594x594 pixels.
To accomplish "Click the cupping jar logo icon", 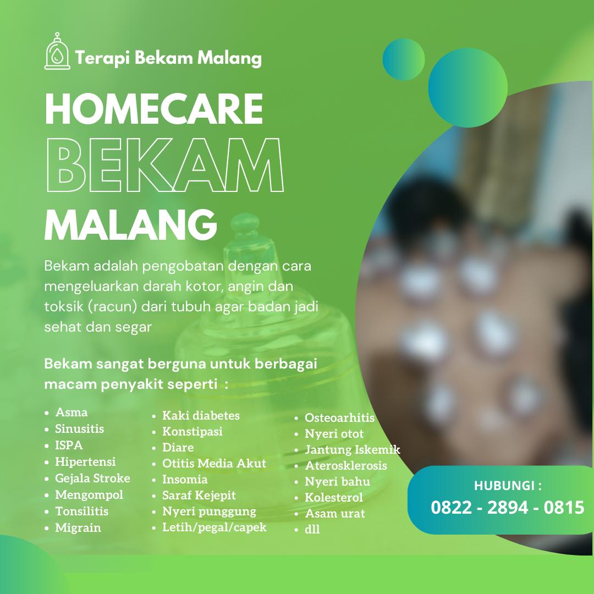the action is pyautogui.click(x=57, y=51).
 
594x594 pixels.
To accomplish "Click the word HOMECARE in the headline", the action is pyautogui.click(x=154, y=109).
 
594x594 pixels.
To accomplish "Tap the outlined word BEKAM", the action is pyautogui.click(x=165, y=165).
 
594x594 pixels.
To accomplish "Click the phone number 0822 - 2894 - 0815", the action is pyautogui.click(x=507, y=508).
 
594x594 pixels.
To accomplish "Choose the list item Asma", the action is pyautogui.click(x=71, y=412).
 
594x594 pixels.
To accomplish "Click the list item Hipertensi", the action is pyautogui.click(x=85, y=462).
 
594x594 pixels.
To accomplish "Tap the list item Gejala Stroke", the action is pyautogui.click(x=92, y=479).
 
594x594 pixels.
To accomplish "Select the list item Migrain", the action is pyautogui.click(x=78, y=527).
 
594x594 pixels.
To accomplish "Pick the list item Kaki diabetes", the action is pyautogui.click(x=201, y=416).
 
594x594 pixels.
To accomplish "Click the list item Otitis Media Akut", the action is pyautogui.click(x=214, y=463).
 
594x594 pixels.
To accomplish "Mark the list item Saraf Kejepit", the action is pyautogui.click(x=199, y=496).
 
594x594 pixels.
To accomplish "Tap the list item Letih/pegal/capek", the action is pyautogui.click(x=215, y=527).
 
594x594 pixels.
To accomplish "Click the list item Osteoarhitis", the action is pyautogui.click(x=339, y=417).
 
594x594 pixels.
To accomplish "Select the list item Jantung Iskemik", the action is pyautogui.click(x=353, y=450).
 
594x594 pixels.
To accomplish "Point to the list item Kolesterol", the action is pyautogui.click(x=334, y=497).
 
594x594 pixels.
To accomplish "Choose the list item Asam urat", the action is pyautogui.click(x=335, y=513).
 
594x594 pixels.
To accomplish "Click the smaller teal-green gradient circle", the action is pyautogui.click(x=404, y=59).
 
